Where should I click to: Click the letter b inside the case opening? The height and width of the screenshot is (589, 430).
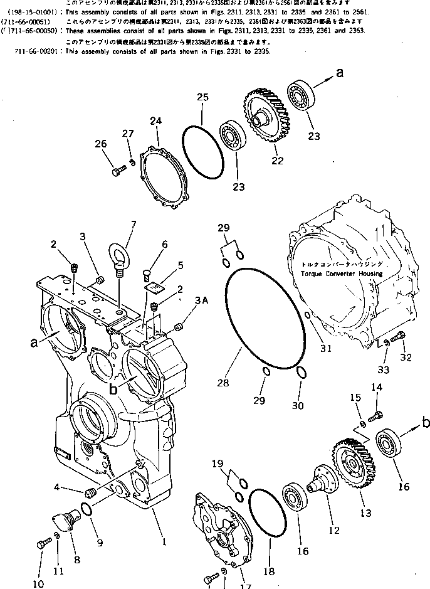click(113, 389)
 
